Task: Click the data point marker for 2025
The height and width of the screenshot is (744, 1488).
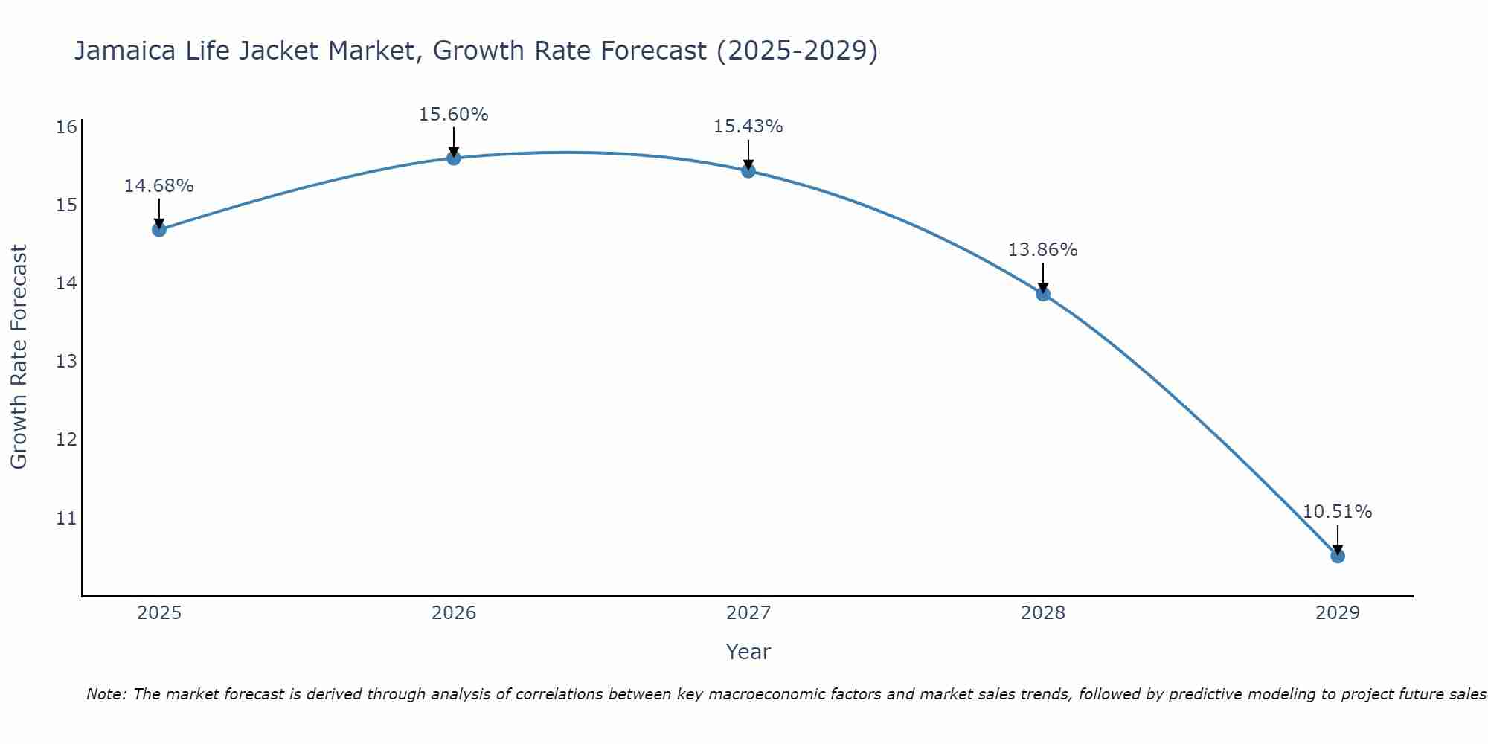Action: click(158, 229)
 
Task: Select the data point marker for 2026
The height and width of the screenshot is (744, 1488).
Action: click(453, 158)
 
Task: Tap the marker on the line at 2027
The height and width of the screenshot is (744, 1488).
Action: click(748, 171)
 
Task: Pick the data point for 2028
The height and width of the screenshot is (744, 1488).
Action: click(1042, 294)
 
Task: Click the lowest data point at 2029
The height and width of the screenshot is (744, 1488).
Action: click(1337, 556)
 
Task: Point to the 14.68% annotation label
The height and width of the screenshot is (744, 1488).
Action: click(158, 186)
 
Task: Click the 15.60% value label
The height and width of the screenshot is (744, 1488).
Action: click(453, 115)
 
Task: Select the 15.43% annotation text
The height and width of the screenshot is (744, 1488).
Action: click(748, 126)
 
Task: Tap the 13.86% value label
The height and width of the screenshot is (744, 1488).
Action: click(1042, 250)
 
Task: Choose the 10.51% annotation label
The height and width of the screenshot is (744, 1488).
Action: click(1337, 512)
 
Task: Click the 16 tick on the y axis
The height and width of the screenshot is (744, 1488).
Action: click(66, 126)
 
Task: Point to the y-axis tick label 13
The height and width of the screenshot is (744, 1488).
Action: click(66, 362)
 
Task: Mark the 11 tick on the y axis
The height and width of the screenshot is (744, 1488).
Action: click(66, 518)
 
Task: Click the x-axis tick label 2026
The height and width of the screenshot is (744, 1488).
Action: click(454, 613)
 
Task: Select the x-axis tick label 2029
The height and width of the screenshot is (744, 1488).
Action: click(1337, 613)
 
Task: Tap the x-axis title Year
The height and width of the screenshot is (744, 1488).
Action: click(748, 652)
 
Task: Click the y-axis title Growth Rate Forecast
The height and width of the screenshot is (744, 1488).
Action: click(19, 357)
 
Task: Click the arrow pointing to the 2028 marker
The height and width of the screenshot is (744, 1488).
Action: click(1042, 277)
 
